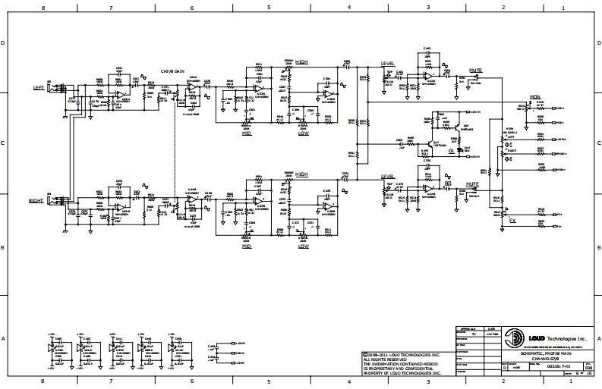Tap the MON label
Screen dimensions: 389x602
[534, 96]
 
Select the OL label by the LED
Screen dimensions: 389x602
[451, 150]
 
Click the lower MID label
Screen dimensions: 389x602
[247, 246]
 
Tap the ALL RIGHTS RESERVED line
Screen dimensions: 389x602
[381, 359]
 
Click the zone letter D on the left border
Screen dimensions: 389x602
[4, 43]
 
